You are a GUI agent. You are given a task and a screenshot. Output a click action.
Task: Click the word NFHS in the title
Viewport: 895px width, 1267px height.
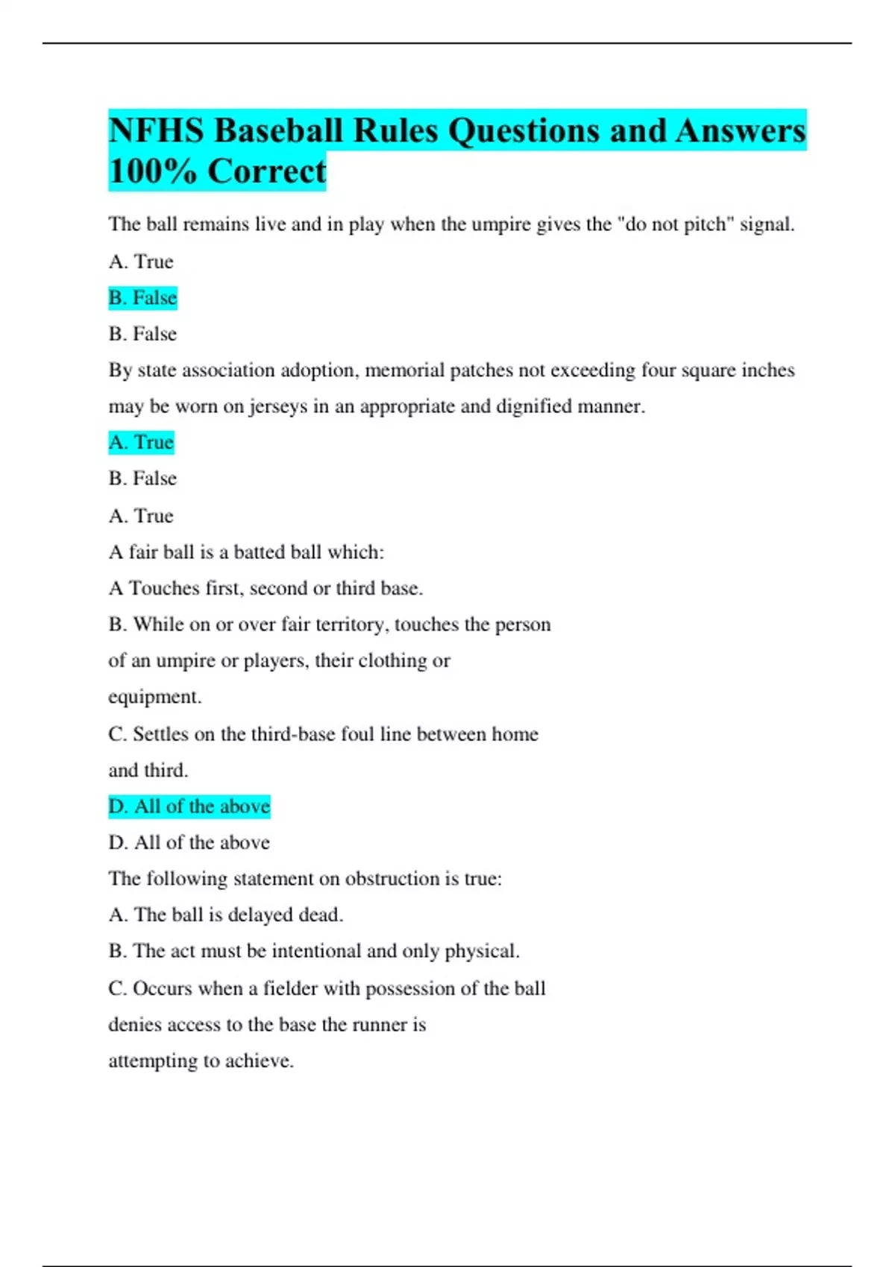point(156,131)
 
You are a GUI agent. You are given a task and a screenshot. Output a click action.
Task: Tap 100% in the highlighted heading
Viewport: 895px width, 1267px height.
point(153,171)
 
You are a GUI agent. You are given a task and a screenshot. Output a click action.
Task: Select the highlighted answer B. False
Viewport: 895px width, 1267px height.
point(142,298)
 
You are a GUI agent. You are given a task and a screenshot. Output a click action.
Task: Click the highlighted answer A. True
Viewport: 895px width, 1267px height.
point(141,443)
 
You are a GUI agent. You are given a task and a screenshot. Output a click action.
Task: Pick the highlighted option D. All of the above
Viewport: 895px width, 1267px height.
point(189,806)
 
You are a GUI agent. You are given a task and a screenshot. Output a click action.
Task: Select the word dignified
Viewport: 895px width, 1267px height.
point(539,407)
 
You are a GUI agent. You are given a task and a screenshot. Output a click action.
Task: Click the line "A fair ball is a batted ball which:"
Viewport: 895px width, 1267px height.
point(246,552)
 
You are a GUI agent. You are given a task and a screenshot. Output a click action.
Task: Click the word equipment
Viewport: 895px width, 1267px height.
point(154,698)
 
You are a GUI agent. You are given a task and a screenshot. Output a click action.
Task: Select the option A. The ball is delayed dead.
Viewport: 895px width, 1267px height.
point(225,915)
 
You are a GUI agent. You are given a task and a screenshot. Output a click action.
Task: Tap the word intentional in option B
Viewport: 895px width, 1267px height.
point(316,952)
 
